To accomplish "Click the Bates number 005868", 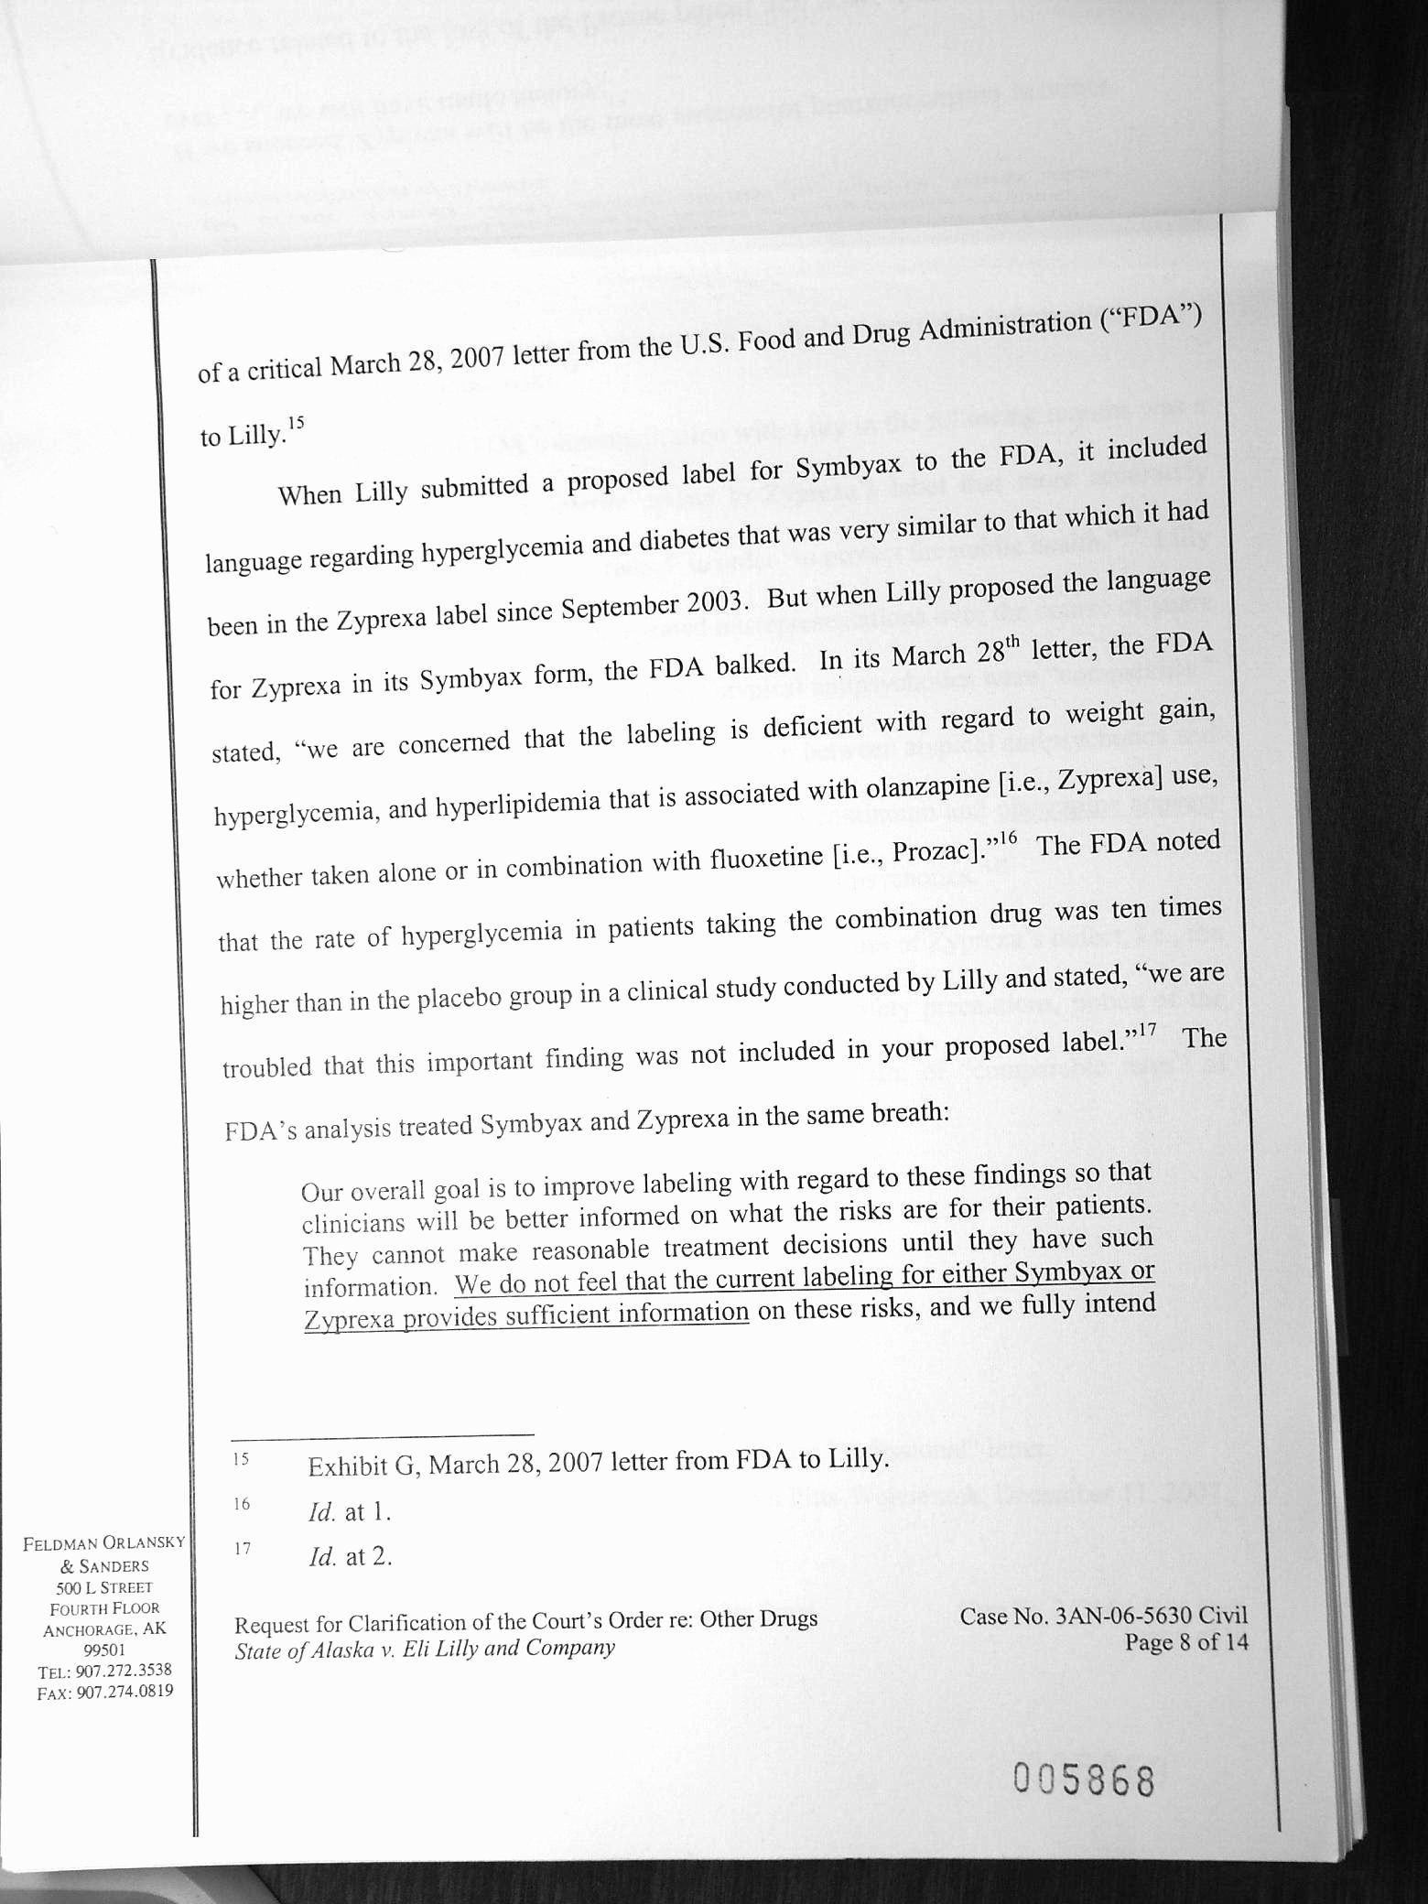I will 1084,1780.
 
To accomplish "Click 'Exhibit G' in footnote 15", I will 362,1466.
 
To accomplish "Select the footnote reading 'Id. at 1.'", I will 350,1512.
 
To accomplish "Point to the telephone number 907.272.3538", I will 119,1671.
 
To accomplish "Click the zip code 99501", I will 104,1650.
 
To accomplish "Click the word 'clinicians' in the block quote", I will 353,1224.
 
